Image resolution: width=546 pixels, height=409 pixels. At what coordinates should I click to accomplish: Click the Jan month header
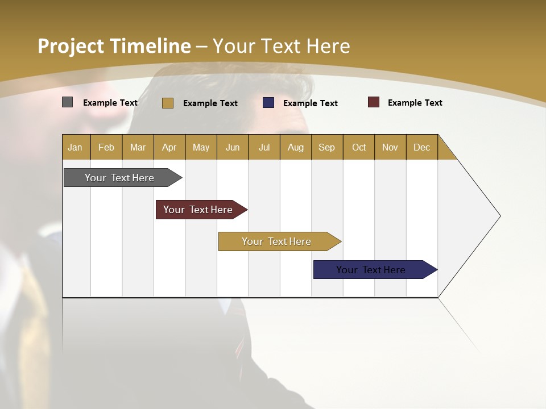[x=76, y=147]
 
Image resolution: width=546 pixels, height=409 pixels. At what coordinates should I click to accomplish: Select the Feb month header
[x=106, y=147]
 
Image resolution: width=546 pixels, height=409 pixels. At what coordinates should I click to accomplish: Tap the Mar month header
[x=138, y=147]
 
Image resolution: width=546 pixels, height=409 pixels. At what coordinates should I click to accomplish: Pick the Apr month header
[x=169, y=147]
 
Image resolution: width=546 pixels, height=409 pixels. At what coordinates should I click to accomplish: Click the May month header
[x=201, y=147]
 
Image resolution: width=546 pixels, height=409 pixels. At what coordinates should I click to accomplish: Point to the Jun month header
[x=233, y=147]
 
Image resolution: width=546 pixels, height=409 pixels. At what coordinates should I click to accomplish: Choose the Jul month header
[x=264, y=147]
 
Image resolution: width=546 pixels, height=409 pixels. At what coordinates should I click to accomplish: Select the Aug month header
[x=296, y=147]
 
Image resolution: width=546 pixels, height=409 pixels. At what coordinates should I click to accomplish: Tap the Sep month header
[x=327, y=147]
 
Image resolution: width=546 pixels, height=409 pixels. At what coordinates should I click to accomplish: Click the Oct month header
[x=359, y=147]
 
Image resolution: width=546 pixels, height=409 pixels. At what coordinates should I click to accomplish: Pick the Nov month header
[x=390, y=147]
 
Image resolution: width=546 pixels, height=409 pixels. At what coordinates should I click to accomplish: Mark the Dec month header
[x=422, y=147]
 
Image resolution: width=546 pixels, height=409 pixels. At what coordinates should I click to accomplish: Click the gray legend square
[x=68, y=102]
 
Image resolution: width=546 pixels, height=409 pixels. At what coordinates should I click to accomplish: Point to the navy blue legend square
[x=268, y=103]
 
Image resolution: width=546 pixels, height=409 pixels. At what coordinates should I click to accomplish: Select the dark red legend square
[x=374, y=102]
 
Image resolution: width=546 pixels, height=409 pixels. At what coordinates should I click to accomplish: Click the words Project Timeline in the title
[x=114, y=46]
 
